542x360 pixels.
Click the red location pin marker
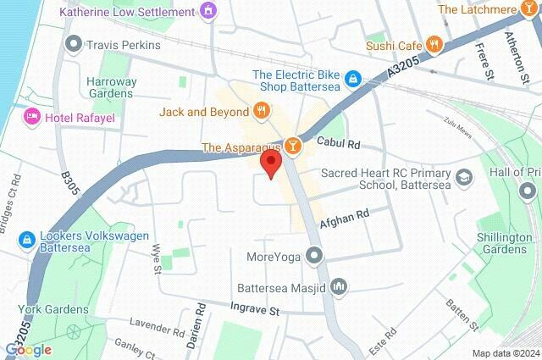point(271,163)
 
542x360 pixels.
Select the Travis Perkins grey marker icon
point(75,43)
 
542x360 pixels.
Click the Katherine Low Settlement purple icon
point(208,12)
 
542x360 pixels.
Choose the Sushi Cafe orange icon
point(434,44)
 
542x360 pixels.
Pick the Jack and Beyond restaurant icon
point(262,110)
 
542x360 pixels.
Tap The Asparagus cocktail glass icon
point(292,147)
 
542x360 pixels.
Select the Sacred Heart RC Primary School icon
point(463,177)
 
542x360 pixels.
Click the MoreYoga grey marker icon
point(315,254)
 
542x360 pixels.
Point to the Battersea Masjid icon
point(339,286)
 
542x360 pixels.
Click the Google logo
point(28,350)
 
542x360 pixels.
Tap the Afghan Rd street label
point(346,220)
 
